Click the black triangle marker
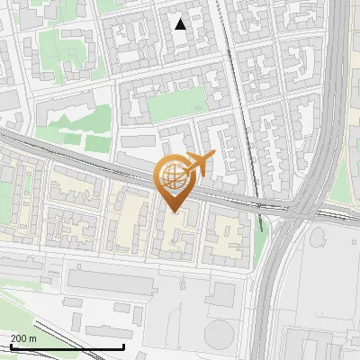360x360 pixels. click(x=181, y=24)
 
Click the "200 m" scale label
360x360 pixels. click(x=24, y=337)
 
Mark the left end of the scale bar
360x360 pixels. click(x=10, y=346)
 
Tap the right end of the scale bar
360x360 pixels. click(x=123, y=346)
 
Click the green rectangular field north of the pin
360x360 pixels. click(x=176, y=104)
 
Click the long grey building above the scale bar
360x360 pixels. click(x=112, y=282)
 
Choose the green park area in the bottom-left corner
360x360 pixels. click(x=13, y=310)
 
